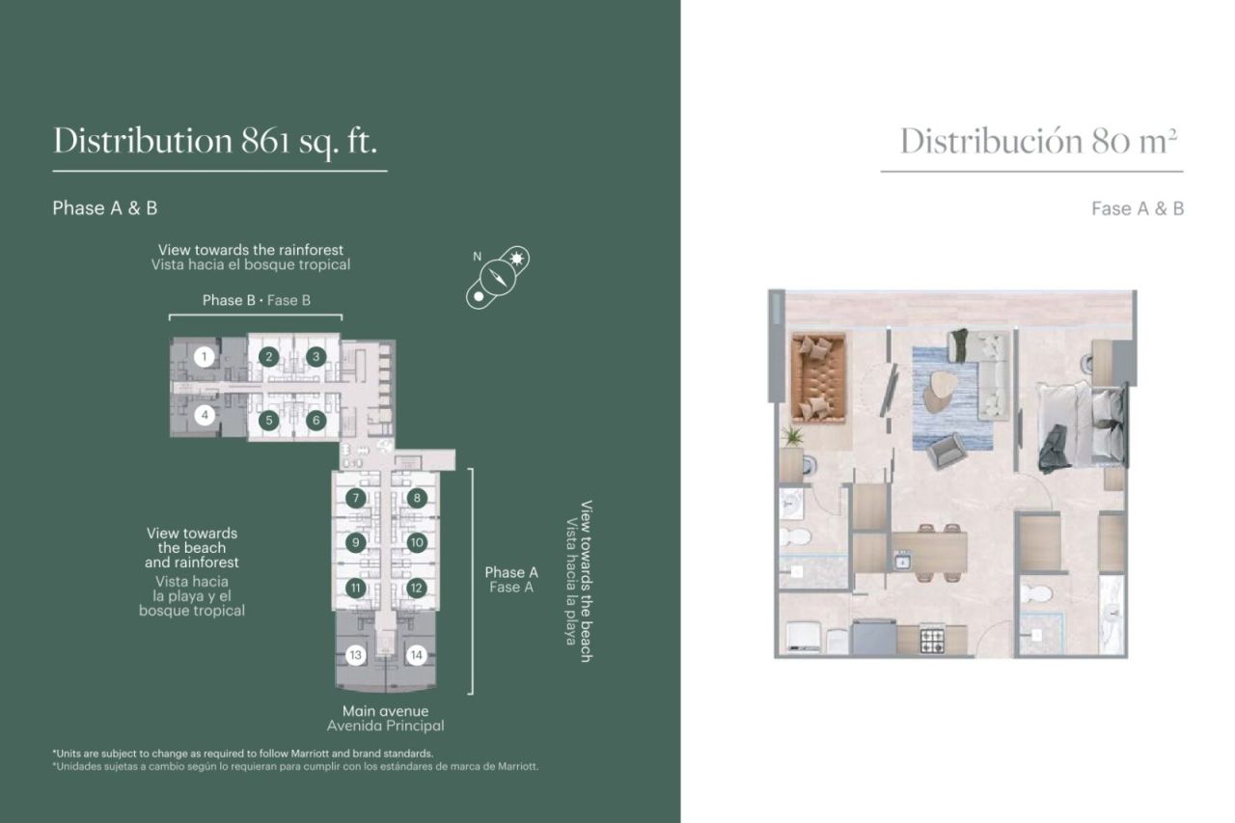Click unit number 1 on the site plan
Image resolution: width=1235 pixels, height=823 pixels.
(204, 357)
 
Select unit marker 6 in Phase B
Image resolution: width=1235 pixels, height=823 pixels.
(316, 421)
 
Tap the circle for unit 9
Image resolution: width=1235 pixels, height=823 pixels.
(356, 542)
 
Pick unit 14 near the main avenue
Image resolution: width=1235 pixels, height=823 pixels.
(416, 655)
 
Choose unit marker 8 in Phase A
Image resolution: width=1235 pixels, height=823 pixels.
(417, 498)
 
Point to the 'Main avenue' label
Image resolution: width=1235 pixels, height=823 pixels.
(385, 710)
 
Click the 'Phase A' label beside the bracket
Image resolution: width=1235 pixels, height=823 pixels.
(511, 572)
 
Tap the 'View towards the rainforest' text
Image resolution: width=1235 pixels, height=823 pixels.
(251, 250)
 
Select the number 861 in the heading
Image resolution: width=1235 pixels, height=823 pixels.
(265, 141)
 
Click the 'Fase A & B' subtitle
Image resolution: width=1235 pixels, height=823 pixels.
(1138, 208)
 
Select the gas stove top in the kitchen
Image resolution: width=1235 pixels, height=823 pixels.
(932, 641)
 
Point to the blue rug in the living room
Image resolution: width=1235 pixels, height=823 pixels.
(952, 398)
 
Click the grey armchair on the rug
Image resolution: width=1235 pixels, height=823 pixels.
(947, 451)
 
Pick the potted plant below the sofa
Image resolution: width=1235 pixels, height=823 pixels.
(792, 436)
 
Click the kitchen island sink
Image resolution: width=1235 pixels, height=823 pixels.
(902, 562)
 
